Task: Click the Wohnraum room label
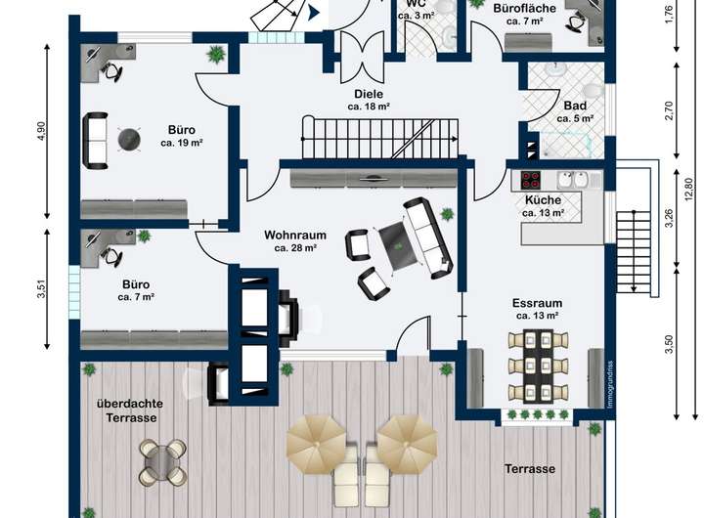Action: (295, 235)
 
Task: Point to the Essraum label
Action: (536, 303)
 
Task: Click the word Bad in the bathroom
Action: (575, 106)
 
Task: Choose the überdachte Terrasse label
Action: (128, 410)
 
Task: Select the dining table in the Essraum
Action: (538, 365)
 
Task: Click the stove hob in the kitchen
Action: (531, 180)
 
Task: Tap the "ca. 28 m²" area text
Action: (295, 248)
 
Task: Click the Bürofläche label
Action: (525, 8)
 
